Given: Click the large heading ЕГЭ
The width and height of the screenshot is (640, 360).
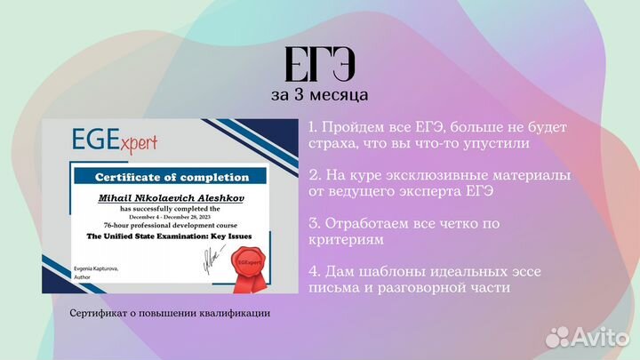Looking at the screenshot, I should pos(319,63).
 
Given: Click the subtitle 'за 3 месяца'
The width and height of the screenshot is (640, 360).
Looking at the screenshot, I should pos(319,93).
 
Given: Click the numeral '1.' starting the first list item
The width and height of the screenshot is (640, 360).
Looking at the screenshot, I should pos(316,128).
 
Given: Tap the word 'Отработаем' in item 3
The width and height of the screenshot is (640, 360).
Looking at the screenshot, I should pos(372,222).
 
